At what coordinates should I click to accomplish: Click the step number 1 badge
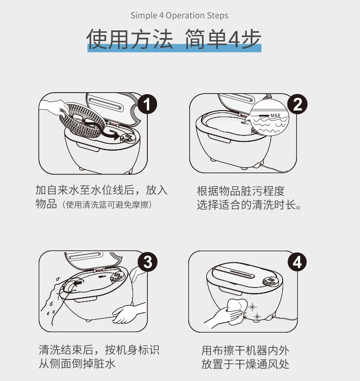tap(147, 104)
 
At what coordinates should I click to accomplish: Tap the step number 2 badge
tap(297, 104)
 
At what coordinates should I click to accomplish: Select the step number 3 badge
tap(147, 263)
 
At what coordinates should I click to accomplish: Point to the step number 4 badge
tap(297, 263)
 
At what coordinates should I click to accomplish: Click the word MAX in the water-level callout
tap(275, 116)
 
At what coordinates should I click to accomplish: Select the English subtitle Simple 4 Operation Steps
tap(180, 15)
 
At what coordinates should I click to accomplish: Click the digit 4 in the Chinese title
tap(233, 39)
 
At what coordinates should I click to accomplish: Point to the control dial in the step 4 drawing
tap(270, 281)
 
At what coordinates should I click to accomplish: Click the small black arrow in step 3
tap(78, 283)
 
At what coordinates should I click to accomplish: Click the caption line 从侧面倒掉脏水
tap(77, 363)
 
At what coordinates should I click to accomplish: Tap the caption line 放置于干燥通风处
tap(245, 364)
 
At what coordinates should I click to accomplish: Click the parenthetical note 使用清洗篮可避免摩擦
tap(107, 205)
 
